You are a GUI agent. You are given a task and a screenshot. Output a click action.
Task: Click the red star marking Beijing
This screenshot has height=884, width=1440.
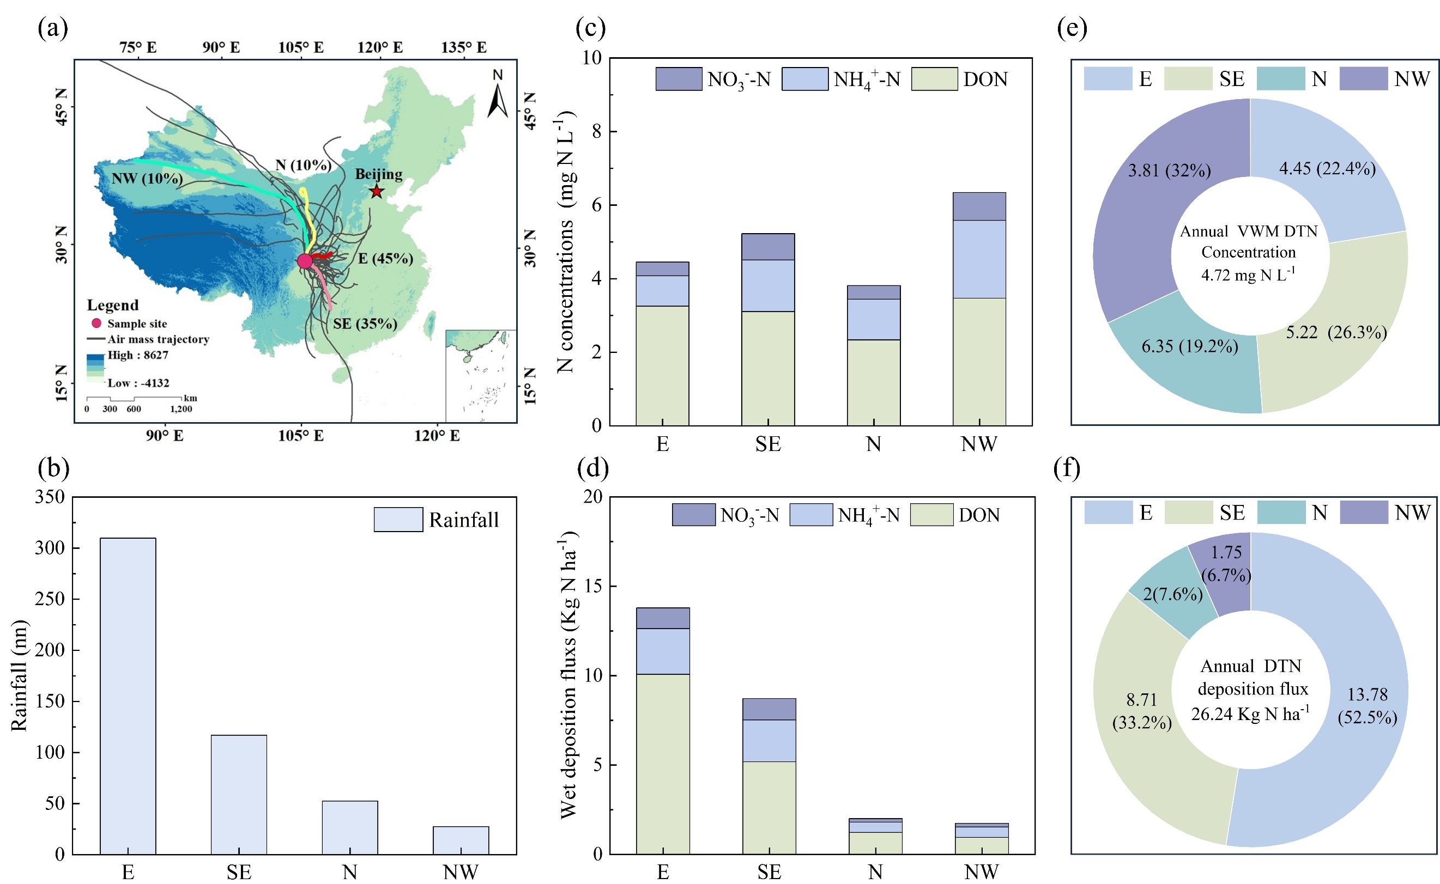377,191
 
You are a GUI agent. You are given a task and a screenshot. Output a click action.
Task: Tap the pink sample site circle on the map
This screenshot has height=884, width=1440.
305,261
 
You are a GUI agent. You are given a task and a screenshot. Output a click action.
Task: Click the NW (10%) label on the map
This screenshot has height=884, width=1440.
147,178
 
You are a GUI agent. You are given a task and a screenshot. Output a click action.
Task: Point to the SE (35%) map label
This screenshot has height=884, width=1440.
365,324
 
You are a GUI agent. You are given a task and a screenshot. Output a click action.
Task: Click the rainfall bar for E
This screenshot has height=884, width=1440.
128,696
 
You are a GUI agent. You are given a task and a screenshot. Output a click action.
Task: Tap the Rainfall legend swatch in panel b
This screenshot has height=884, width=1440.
398,519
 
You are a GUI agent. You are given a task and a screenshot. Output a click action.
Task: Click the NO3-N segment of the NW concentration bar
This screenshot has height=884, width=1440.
979,206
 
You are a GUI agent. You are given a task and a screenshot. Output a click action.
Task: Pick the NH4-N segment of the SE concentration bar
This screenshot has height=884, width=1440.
768,285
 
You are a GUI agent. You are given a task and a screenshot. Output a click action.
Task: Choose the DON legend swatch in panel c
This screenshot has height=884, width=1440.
934,79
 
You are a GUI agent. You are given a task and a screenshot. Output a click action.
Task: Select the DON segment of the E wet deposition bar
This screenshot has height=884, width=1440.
663,764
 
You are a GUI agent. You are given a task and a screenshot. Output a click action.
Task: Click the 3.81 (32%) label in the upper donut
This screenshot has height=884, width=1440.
1169,170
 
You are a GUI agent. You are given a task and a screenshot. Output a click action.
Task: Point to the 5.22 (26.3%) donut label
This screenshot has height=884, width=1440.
1336,333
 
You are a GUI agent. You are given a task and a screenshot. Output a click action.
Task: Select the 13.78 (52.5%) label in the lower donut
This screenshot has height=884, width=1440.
1367,706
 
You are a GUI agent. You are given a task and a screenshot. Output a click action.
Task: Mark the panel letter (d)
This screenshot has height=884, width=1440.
592,468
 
